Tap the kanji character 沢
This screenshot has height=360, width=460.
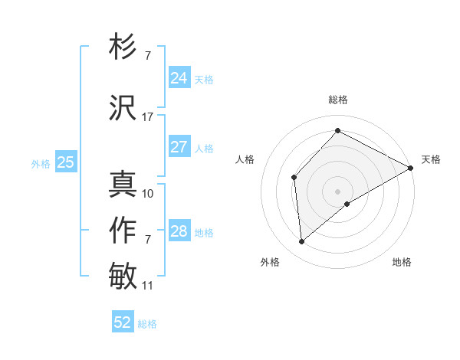pos(123,108)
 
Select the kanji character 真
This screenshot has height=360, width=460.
pos(123,185)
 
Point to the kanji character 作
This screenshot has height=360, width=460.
pos(123,231)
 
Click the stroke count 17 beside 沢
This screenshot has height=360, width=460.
pos(148,117)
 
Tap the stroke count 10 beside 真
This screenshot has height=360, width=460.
pos(148,194)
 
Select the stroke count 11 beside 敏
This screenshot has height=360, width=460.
pos(148,286)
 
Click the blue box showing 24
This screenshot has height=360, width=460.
pos(179,77)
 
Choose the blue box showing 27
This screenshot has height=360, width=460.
pos(179,146)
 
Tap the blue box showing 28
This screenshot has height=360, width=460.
pos(179,231)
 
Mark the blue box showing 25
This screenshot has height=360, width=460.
pos(65,162)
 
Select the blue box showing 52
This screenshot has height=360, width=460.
pos(123,322)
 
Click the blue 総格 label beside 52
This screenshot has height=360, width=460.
pos(147,324)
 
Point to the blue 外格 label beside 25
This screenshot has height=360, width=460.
pos(40,163)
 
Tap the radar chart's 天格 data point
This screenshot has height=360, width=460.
pos(411,169)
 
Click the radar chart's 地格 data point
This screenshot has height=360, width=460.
pos(347,204)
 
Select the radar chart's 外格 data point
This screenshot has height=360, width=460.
pos(302,241)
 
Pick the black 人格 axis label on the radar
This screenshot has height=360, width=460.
pos(245,159)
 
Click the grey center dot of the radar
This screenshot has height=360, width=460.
pos(337,191)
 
